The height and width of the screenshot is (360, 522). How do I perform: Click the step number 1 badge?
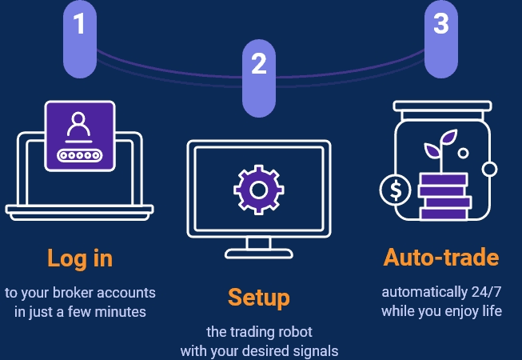(79, 26)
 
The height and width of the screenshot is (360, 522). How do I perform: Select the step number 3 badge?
(440, 25)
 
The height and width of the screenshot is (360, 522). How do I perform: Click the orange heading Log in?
(80, 258)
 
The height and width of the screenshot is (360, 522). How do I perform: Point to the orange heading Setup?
(258, 297)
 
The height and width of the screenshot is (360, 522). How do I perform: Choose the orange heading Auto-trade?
(440, 258)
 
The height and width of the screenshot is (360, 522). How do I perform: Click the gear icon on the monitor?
(257, 190)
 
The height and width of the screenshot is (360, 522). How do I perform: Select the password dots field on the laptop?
(78, 154)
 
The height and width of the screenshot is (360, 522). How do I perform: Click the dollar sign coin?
(396, 190)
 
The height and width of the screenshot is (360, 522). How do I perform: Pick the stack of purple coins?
(444, 197)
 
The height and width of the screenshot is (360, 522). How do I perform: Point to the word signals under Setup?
(316, 350)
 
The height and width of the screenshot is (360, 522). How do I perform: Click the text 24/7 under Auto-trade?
(481, 291)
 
